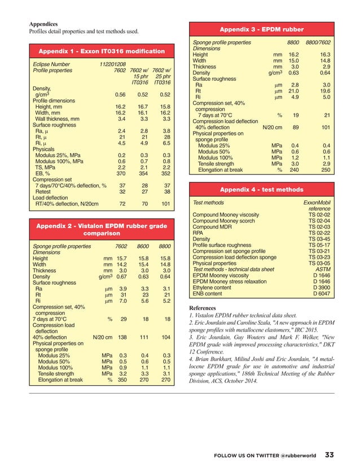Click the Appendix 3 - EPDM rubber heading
click(261, 29)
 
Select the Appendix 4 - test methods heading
click(261, 189)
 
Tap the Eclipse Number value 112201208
click(113, 64)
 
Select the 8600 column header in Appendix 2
click(142, 246)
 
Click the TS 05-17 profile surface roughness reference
click(319, 246)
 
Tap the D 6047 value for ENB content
click(321, 294)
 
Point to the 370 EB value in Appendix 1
click(120, 174)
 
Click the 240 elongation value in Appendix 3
click(293, 170)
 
